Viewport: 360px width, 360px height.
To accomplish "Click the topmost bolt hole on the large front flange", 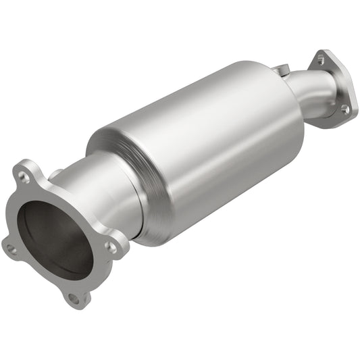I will click(x=25, y=177).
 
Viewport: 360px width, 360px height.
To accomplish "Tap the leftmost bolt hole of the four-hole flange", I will click(x=11, y=249).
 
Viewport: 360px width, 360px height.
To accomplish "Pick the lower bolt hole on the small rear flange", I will click(x=345, y=108).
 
